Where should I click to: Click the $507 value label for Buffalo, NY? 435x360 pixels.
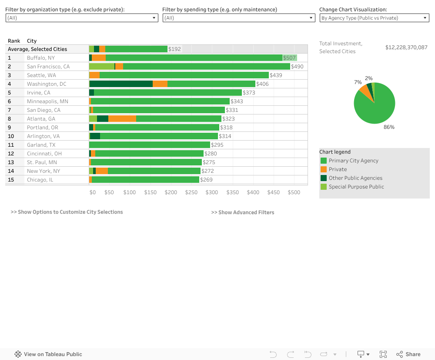pos(289,58)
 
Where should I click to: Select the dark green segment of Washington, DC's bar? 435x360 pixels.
pos(121,84)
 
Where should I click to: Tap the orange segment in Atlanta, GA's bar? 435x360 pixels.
pos(122,119)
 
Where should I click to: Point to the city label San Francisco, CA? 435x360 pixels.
pos(48,67)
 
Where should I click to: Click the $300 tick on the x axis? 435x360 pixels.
pos(212,192)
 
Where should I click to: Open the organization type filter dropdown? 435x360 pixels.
pos(81,18)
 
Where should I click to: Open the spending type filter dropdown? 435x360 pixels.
pos(238,18)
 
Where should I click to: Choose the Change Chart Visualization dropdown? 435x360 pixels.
pos(374,18)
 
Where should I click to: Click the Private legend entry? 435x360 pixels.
pos(338,169)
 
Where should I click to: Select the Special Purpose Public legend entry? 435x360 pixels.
pos(356,187)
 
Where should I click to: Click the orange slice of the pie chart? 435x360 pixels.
pos(363,91)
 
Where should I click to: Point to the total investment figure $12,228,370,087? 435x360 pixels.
pos(406,47)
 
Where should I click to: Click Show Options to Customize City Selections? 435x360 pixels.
pos(67,212)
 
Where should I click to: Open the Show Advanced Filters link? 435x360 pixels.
pos(243,212)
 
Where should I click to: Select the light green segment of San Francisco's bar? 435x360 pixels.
pos(101,67)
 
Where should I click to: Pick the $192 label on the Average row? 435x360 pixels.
pos(174,49)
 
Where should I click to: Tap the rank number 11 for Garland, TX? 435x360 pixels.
pos(11,145)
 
